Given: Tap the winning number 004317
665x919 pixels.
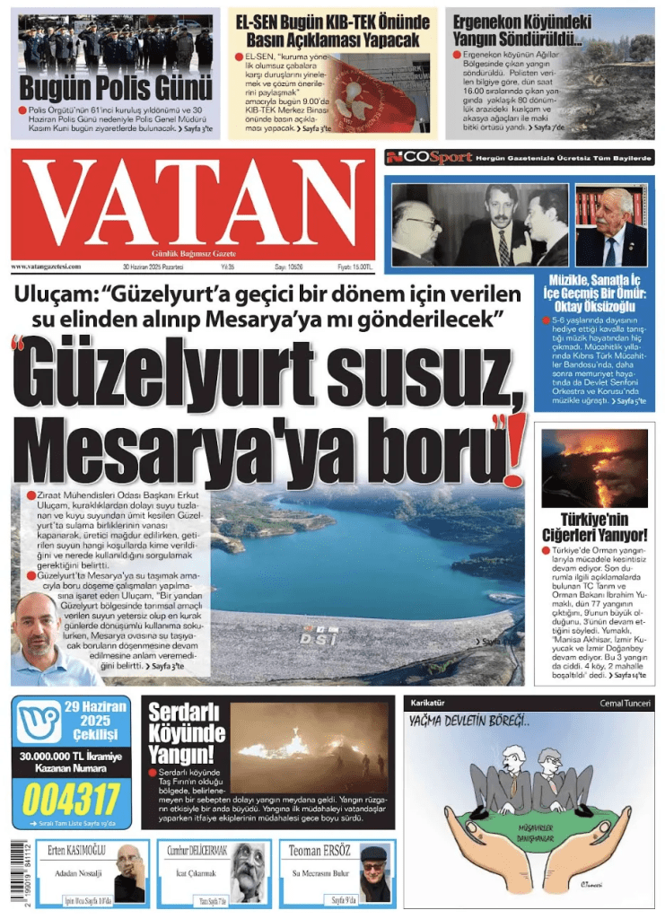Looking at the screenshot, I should [x=71, y=798].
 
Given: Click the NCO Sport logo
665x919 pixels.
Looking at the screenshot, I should [x=428, y=158].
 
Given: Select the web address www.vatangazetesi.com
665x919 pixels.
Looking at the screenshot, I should [x=48, y=267].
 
